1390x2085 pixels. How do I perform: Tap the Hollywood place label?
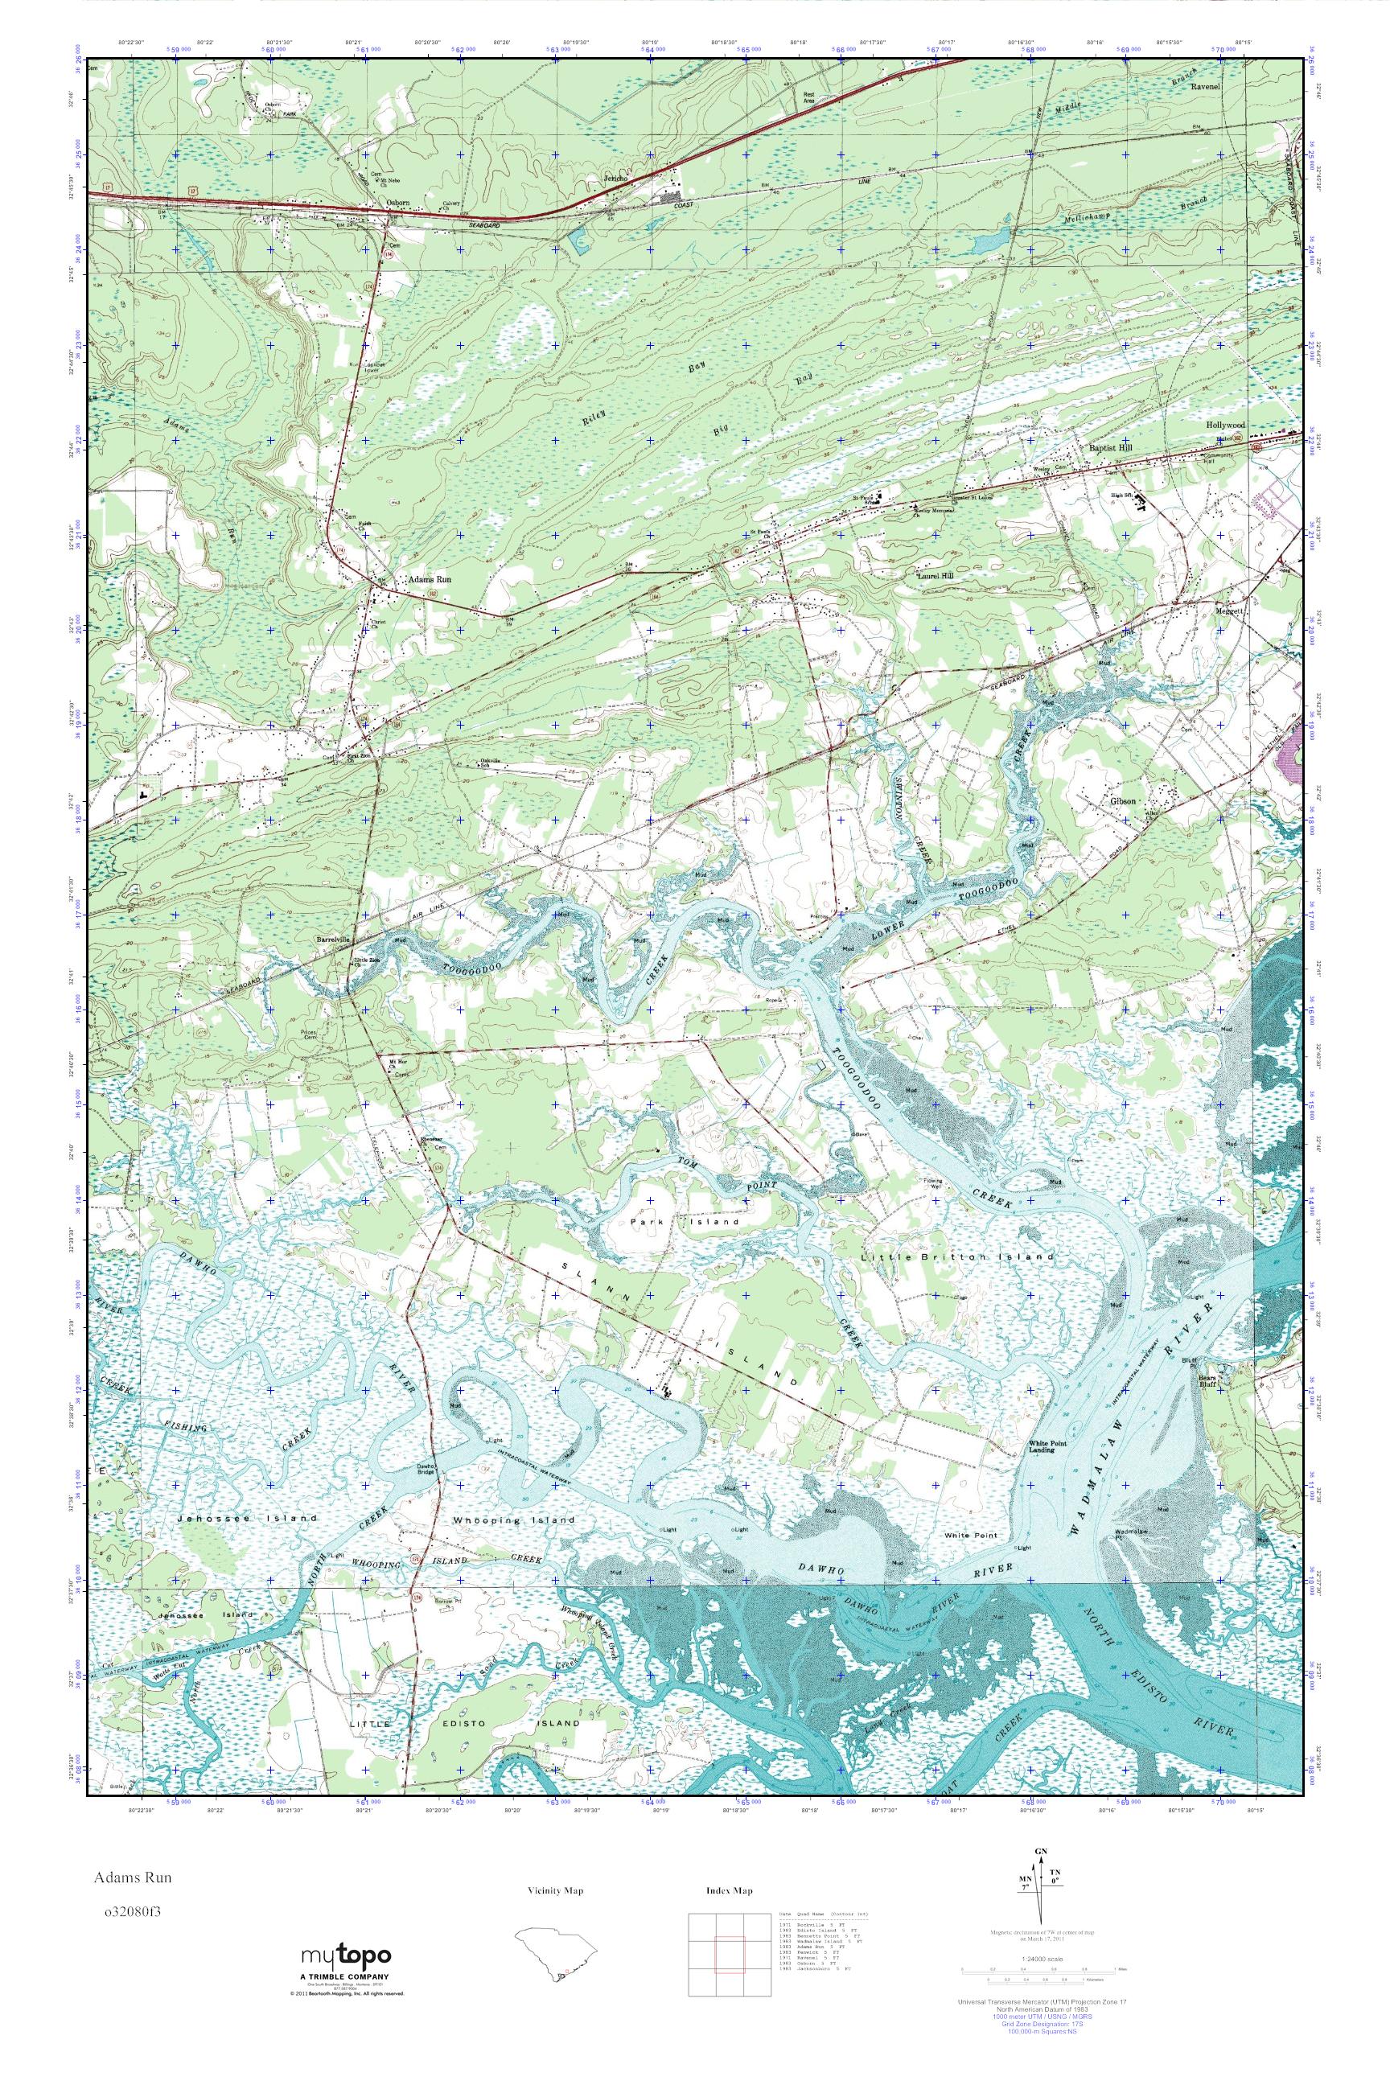tap(1225, 426)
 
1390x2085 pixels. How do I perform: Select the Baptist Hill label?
tap(1111, 449)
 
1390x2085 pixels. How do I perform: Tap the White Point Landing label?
tap(1042, 1448)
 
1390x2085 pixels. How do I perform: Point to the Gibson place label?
tap(1122, 799)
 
